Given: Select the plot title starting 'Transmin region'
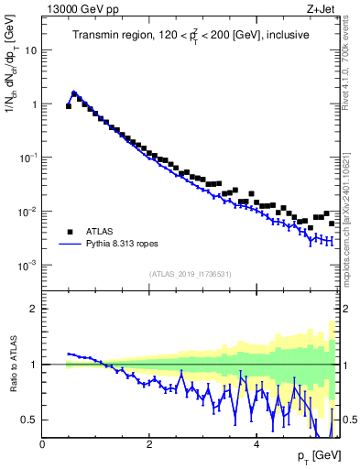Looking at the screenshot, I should pyautogui.click(x=191, y=36).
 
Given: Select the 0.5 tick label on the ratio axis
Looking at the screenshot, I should pyautogui.click(x=29, y=420).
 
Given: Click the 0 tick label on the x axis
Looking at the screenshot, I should pyautogui.click(x=42, y=444).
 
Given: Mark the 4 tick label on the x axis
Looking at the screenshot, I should pyautogui.click(x=256, y=444).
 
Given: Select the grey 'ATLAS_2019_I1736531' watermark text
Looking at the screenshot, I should pyautogui.click(x=190, y=274).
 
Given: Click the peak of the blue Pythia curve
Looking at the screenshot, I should pyautogui.click(x=73, y=93).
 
